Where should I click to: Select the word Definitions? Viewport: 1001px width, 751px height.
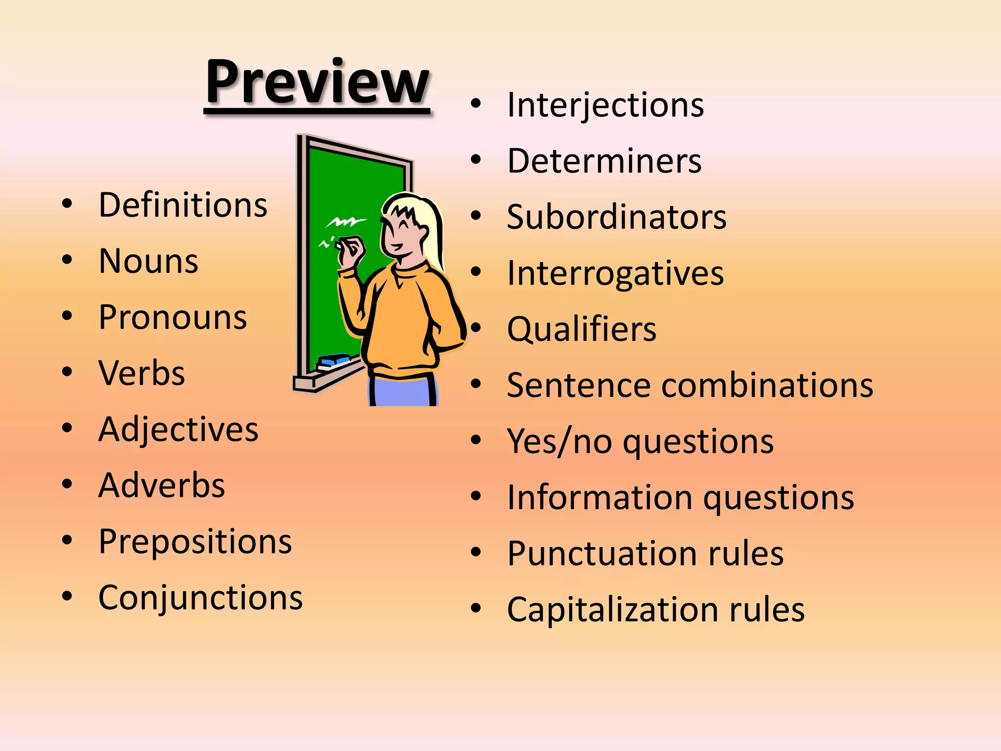click(183, 205)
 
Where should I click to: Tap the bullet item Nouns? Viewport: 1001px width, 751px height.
click(148, 261)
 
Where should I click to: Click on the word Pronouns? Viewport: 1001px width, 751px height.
click(173, 317)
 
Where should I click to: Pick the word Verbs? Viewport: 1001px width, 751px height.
click(142, 374)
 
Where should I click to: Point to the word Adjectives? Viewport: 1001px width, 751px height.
click(178, 430)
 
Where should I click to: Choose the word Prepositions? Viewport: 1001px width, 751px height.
click(195, 542)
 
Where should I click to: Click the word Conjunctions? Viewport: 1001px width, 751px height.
click(200, 597)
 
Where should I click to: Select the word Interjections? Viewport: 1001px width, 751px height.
click(605, 105)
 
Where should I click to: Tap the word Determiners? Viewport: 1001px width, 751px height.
click(604, 161)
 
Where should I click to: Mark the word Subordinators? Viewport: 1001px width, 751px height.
click(616, 217)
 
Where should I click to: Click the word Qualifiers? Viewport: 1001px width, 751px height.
click(582, 329)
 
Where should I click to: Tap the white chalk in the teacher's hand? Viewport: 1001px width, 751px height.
click(338, 244)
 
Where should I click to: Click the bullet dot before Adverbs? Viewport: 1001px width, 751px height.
click(67, 485)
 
